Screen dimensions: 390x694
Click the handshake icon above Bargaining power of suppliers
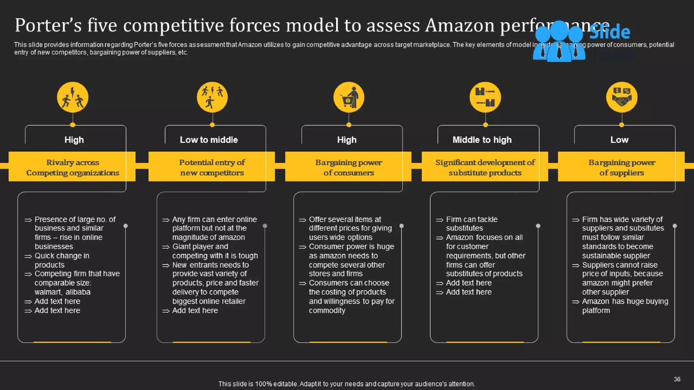click(x=621, y=97)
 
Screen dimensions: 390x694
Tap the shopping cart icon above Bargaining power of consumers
click(x=349, y=97)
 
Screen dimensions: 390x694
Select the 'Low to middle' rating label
click(x=209, y=140)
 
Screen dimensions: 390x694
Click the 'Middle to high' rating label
click(x=482, y=140)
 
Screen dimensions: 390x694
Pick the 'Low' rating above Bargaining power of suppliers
click(x=619, y=140)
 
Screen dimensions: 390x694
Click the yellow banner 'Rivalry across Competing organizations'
click(x=73, y=167)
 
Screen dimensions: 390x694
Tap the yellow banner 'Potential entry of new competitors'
click(x=212, y=167)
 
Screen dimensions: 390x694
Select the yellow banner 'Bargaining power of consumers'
click(x=348, y=167)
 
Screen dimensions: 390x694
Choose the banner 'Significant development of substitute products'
click(x=485, y=167)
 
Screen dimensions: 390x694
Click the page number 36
click(x=677, y=379)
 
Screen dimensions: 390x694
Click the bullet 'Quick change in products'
click(x=62, y=260)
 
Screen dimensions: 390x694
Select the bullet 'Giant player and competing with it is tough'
click(x=215, y=251)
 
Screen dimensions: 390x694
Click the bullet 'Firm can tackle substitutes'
click(x=471, y=224)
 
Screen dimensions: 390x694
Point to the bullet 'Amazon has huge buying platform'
click(x=625, y=306)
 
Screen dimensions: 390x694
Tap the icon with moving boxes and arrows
click(x=485, y=97)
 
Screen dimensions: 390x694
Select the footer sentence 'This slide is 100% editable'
click(x=347, y=384)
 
